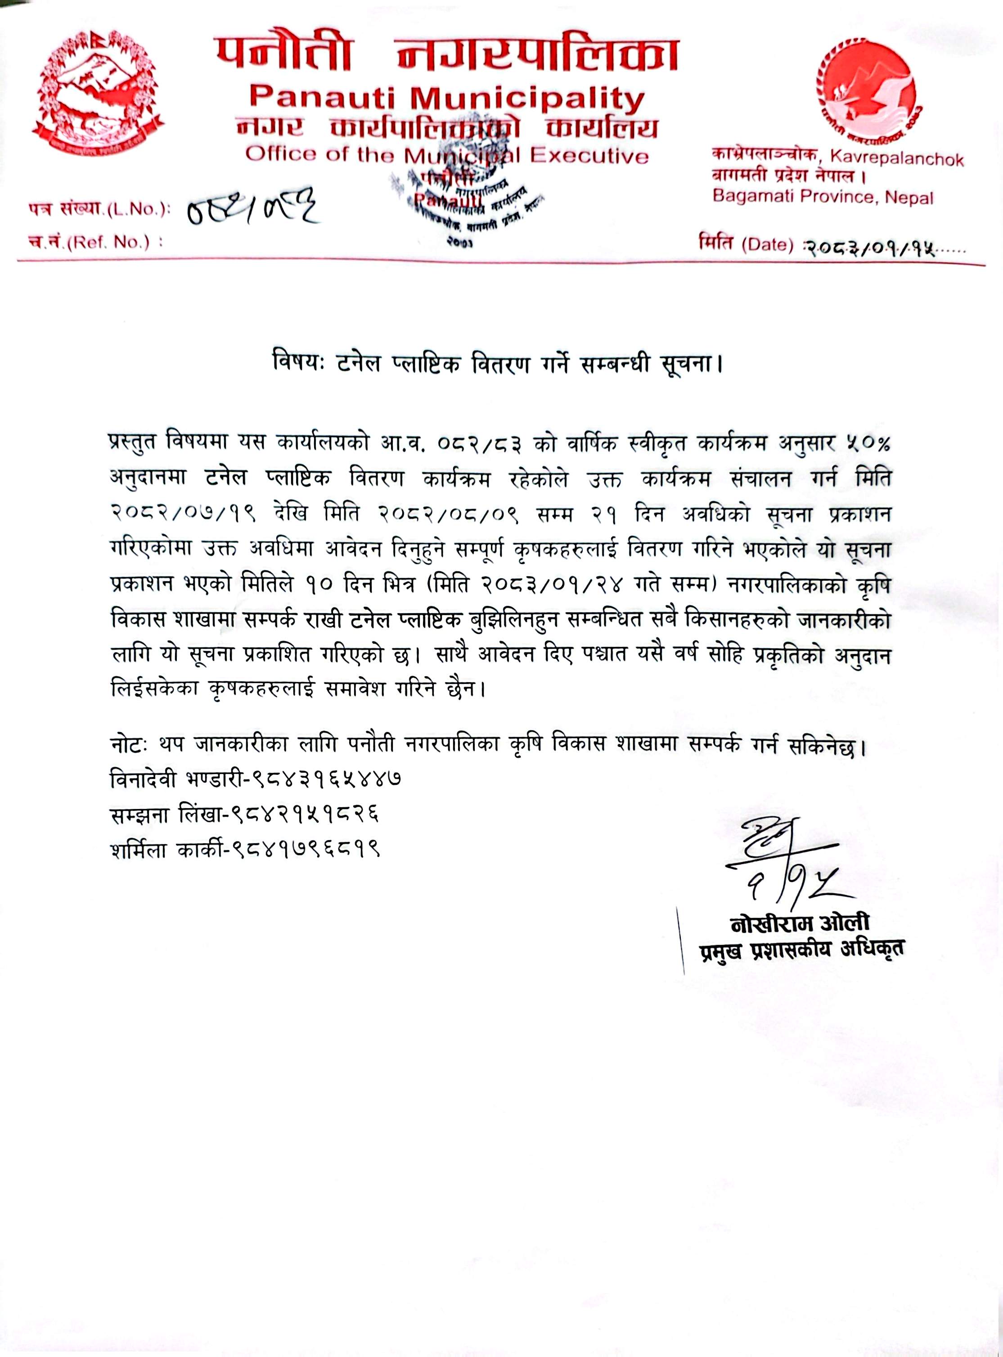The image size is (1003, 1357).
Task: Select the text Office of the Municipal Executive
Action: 447,155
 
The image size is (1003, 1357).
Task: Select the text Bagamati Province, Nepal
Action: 823,197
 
